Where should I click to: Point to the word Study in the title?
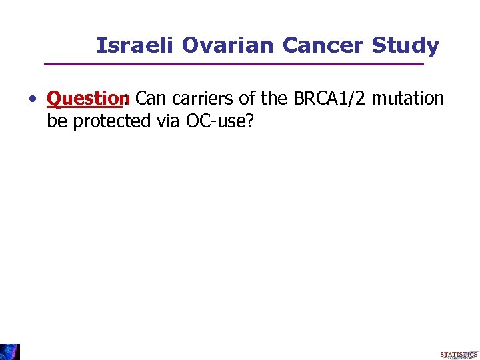pos(405,45)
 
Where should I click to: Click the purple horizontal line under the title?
pos(233,64)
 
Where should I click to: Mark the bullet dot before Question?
pos(32,100)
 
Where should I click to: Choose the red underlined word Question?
pos(87,99)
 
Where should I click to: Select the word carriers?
pos(202,99)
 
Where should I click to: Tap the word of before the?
pos(248,99)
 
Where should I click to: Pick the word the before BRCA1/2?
pos(274,99)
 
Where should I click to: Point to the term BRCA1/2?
pos(329,99)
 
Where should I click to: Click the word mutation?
pos(408,99)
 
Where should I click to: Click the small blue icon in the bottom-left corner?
pos(10,351)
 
